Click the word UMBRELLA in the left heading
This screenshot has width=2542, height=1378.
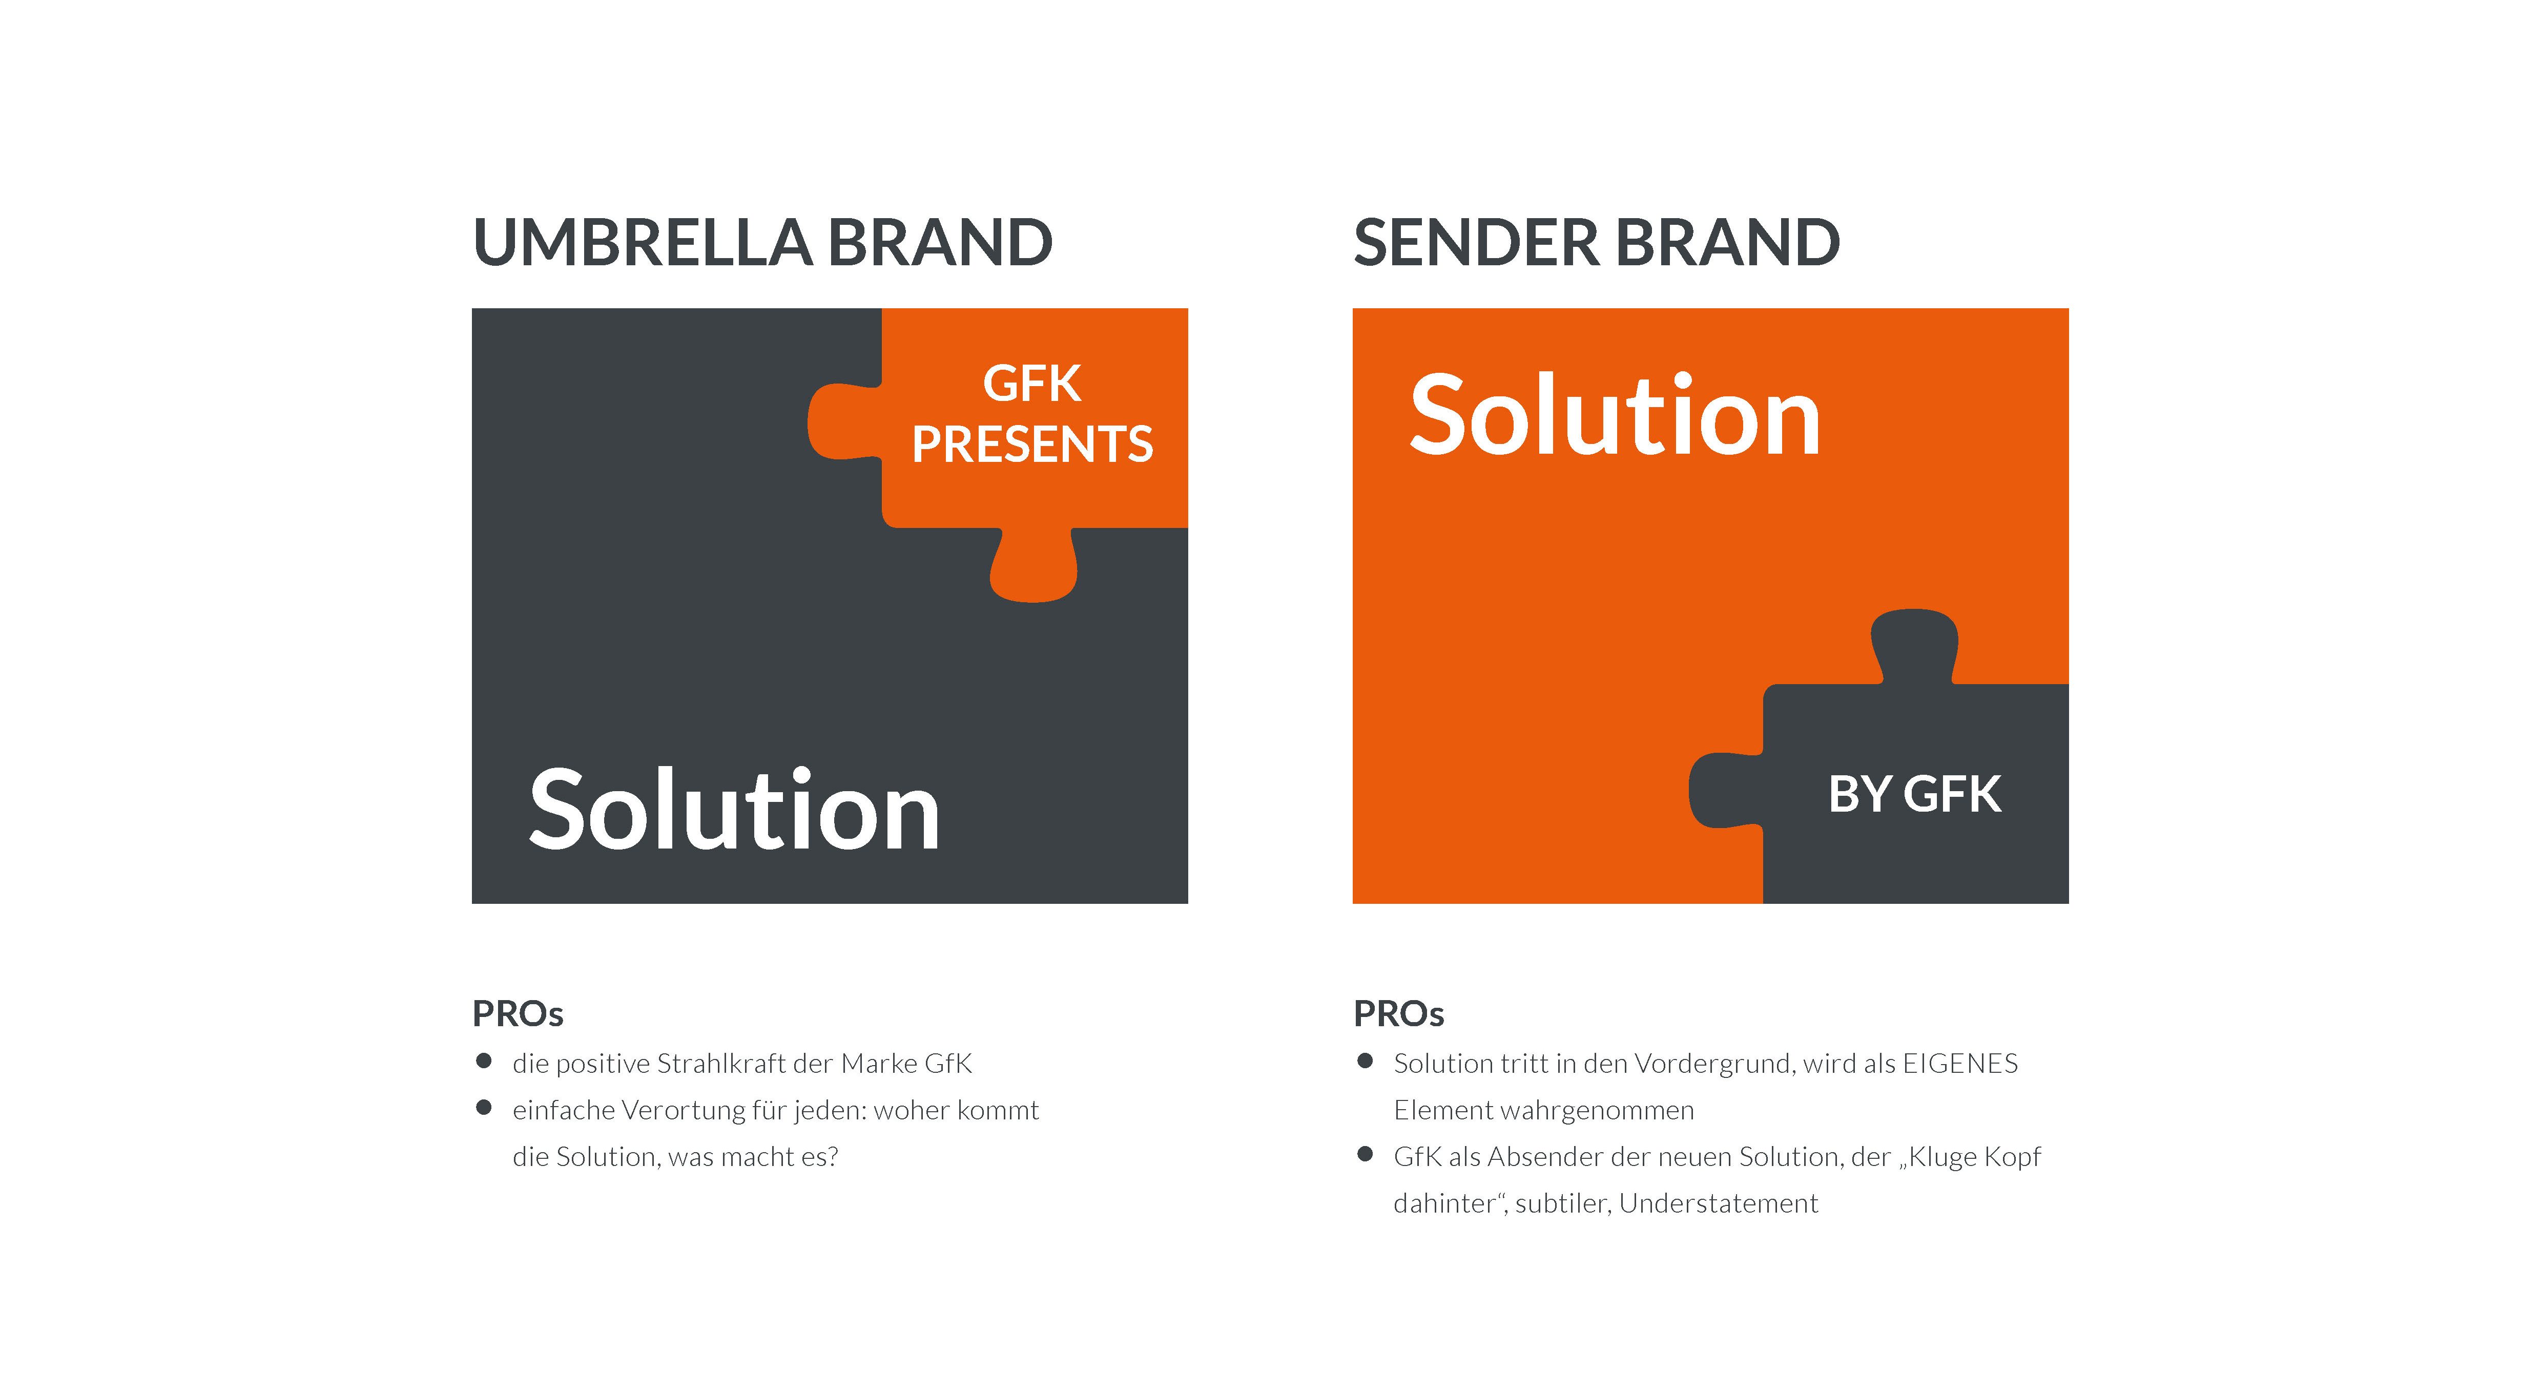pos(644,243)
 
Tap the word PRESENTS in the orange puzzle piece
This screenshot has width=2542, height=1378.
pos(1032,444)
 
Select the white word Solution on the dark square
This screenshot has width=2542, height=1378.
pos(734,809)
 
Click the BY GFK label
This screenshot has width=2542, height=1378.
pos(1914,794)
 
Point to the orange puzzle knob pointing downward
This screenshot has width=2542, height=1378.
pos(1033,565)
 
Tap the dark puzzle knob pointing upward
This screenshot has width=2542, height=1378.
pos(1914,646)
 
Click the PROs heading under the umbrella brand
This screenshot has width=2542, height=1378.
pos(518,1014)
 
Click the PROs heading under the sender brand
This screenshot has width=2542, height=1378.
pos(1398,1014)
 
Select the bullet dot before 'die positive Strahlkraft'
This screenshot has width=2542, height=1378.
pos(484,1062)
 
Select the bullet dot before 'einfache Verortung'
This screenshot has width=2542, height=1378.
pos(484,1108)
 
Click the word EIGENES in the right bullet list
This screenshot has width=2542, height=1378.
pos(1960,1064)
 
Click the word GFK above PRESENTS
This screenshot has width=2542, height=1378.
pos(1032,384)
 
